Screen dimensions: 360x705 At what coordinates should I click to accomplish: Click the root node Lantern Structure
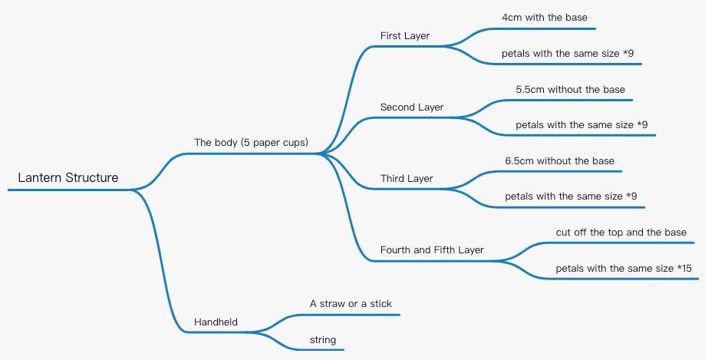68,178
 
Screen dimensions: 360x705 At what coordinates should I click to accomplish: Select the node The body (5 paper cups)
251,143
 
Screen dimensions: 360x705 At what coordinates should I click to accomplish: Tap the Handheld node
216,322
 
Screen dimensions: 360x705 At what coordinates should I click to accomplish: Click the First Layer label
405,36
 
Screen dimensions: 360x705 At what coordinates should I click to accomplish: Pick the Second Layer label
412,107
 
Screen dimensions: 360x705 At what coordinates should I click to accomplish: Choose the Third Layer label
407,179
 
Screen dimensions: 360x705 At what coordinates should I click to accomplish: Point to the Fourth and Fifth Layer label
432,250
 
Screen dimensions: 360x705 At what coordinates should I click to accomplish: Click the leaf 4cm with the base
545,18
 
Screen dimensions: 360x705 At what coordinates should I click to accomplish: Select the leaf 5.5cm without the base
570,90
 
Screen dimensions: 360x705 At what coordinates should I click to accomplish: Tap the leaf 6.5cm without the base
559,161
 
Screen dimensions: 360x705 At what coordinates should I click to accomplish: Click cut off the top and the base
621,232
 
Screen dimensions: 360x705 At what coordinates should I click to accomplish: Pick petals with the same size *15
624,269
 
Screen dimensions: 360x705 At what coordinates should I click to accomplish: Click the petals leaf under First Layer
567,54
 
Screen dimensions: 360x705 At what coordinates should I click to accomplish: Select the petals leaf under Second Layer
581,125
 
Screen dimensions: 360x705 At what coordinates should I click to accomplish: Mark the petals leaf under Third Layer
571,197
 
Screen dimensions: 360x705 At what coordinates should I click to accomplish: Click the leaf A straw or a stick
351,304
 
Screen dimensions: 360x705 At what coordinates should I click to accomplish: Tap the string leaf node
323,340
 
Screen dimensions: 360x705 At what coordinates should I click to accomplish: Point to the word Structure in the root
92,178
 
